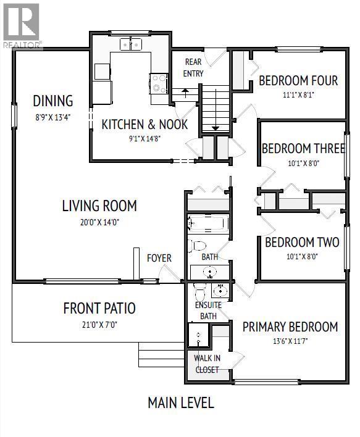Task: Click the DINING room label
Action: [53, 101]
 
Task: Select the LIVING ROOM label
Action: [99, 206]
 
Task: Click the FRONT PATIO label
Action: [99, 308]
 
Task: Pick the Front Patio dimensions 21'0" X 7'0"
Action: [99, 323]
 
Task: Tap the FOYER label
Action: [159, 258]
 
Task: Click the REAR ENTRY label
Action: [193, 68]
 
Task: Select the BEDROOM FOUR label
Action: [298, 81]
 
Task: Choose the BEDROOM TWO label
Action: [301, 242]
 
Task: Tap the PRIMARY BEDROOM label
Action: [290, 327]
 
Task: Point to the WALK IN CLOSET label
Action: [207, 364]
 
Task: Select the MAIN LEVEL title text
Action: [180, 403]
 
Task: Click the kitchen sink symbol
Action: [130, 44]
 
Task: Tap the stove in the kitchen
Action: [159, 83]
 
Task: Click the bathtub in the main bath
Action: [208, 223]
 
